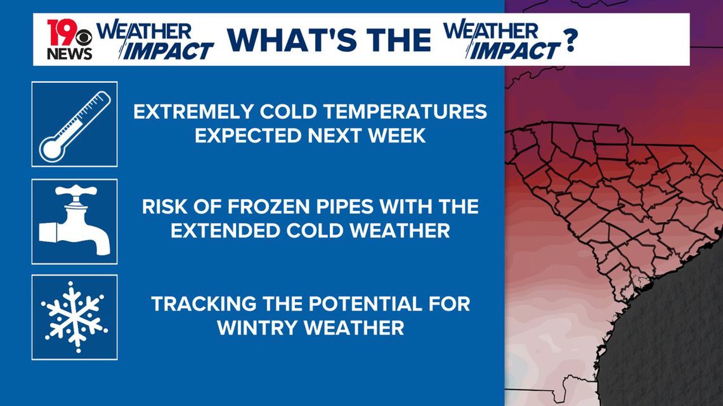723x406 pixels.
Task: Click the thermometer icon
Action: (x=75, y=124)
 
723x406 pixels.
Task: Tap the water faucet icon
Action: (x=75, y=221)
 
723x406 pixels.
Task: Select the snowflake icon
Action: (x=75, y=317)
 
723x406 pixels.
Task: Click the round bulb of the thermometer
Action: (x=51, y=149)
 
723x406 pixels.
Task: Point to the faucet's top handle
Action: (x=75, y=190)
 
